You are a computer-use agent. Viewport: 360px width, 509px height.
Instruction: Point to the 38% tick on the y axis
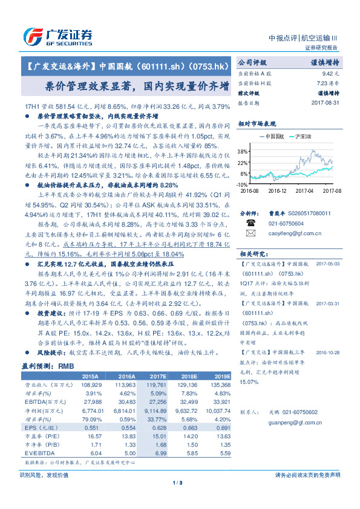(241, 151)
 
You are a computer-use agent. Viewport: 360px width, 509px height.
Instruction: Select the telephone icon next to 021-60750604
(250, 222)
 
